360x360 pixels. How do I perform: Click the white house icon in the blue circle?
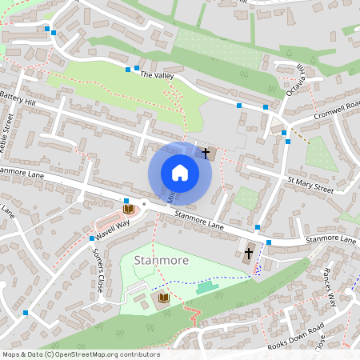click(x=180, y=172)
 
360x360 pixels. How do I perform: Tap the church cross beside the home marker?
click(x=206, y=152)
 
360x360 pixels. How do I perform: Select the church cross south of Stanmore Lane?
click(x=248, y=254)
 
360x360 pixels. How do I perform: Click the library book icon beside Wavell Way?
click(x=127, y=209)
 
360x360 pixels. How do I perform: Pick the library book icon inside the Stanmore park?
click(x=165, y=298)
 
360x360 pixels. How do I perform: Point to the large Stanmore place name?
click(x=161, y=261)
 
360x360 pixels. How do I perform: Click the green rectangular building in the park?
click(x=206, y=286)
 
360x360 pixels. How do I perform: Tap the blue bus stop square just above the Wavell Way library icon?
click(x=126, y=200)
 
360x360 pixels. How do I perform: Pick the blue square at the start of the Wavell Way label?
click(x=91, y=238)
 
